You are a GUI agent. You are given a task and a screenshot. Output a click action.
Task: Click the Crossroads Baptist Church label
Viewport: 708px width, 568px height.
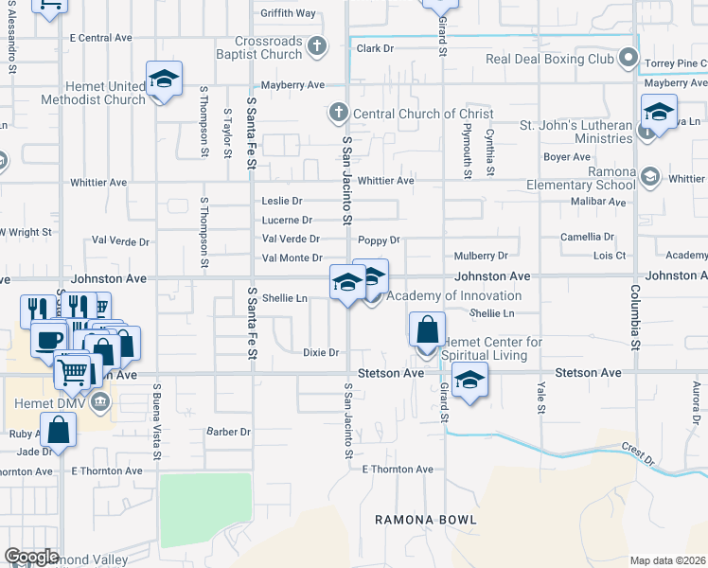coord(270,47)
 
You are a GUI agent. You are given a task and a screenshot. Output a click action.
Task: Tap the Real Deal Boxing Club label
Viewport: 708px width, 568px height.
coord(550,59)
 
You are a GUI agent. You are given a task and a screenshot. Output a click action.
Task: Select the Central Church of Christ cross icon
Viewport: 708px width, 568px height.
coord(336,114)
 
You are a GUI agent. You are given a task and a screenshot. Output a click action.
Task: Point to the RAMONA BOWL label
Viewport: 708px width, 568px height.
coord(425,520)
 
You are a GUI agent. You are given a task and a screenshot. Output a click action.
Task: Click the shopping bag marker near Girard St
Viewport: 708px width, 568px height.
coord(428,330)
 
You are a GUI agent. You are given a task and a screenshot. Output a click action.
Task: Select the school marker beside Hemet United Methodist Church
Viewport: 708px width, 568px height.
coord(164,79)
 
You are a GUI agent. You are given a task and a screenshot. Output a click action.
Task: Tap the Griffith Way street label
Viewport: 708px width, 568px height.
coord(288,13)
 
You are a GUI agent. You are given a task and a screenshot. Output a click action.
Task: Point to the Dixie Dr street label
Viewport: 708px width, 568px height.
coord(320,352)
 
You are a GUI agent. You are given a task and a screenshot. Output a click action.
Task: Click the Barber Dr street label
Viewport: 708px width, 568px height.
coord(228,432)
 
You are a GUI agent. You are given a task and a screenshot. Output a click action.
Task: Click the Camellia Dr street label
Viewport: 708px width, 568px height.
coord(587,237)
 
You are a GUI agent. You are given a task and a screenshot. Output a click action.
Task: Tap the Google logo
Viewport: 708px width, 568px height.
coord(31,557)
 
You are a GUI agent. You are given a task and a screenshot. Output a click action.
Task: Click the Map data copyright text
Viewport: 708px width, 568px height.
coord(668,560)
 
